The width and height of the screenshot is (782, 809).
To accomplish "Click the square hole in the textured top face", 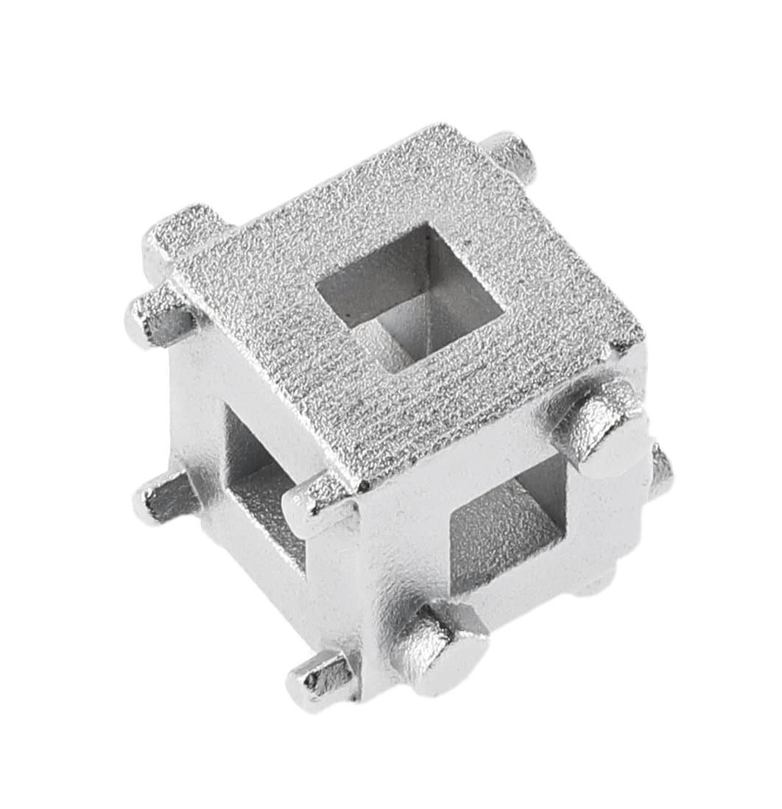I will [x=409, y=294].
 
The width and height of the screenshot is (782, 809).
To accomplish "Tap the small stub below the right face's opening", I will [x=600, y=582].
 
